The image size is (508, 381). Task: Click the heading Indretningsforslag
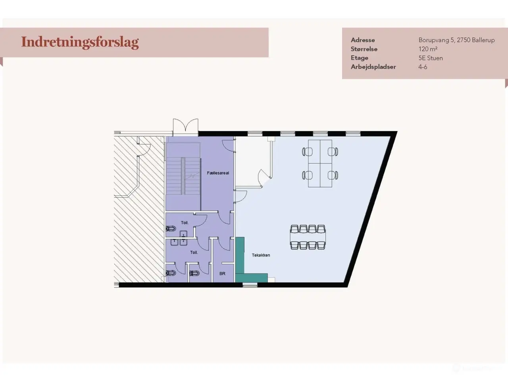click(80, 42)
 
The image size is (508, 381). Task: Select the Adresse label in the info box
click(362, 40)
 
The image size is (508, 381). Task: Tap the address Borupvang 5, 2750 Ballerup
click(456, 40)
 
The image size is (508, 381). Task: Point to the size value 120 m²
click(428, 49)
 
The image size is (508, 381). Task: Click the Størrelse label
click(364, 49)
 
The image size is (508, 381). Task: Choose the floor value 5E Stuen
click(431, 58)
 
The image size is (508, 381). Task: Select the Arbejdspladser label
click(373, 67)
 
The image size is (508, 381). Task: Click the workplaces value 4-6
click(423, 67)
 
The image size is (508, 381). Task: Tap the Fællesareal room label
click(218, 173)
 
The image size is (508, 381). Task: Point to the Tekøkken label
click(261, 255)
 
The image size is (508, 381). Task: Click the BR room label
click(222, 273)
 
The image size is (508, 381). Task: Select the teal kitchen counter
click(240, 258)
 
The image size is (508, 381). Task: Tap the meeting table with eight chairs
click(308, 237)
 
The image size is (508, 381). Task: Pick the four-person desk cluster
click(320, 163)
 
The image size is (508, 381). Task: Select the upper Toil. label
click(185, 223)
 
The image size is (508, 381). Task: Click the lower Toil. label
click(194, 252)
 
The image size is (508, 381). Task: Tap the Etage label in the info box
click(359, 58)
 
